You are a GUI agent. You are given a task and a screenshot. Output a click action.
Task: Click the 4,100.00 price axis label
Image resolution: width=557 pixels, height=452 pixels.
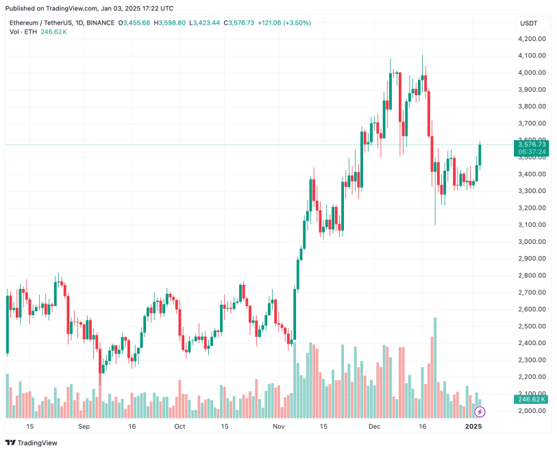coord(532,55)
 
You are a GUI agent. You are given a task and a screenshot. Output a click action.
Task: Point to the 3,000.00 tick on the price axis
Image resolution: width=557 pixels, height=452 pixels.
coord(532,242)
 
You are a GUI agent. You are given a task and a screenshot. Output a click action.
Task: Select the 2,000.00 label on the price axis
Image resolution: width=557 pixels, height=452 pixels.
coord(532,411)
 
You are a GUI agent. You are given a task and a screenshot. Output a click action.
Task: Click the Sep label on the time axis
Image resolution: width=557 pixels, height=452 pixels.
coord(84,426)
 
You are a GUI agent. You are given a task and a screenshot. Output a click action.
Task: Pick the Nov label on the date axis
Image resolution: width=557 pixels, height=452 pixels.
coord(279,426)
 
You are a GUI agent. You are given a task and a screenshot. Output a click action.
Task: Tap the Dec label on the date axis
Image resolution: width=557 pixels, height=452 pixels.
coord(375,426)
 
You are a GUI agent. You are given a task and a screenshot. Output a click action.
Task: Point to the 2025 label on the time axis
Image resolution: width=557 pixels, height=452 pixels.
coord(474,426)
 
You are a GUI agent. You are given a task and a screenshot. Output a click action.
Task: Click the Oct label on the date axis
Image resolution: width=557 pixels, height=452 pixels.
coord(180,426)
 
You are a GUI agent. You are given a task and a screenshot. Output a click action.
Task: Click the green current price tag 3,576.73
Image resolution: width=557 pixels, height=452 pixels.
coord(532,145)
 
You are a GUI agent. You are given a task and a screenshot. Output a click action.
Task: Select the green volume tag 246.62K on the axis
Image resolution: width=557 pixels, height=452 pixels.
coord(532,399)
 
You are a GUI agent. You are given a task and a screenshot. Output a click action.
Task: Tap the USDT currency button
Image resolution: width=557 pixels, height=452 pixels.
coord(529,23)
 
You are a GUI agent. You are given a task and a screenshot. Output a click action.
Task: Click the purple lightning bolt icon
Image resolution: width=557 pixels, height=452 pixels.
coord(480,412)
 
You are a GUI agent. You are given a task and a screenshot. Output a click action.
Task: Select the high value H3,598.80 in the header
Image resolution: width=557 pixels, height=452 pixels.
coord(169,23)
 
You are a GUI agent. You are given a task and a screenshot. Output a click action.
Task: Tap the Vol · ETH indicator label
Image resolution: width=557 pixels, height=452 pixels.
coord(24,32)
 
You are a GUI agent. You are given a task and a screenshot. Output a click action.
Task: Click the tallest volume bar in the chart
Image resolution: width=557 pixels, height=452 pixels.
coord(435,367)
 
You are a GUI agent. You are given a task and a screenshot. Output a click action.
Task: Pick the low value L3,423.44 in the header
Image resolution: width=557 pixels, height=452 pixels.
coord(204,23)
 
